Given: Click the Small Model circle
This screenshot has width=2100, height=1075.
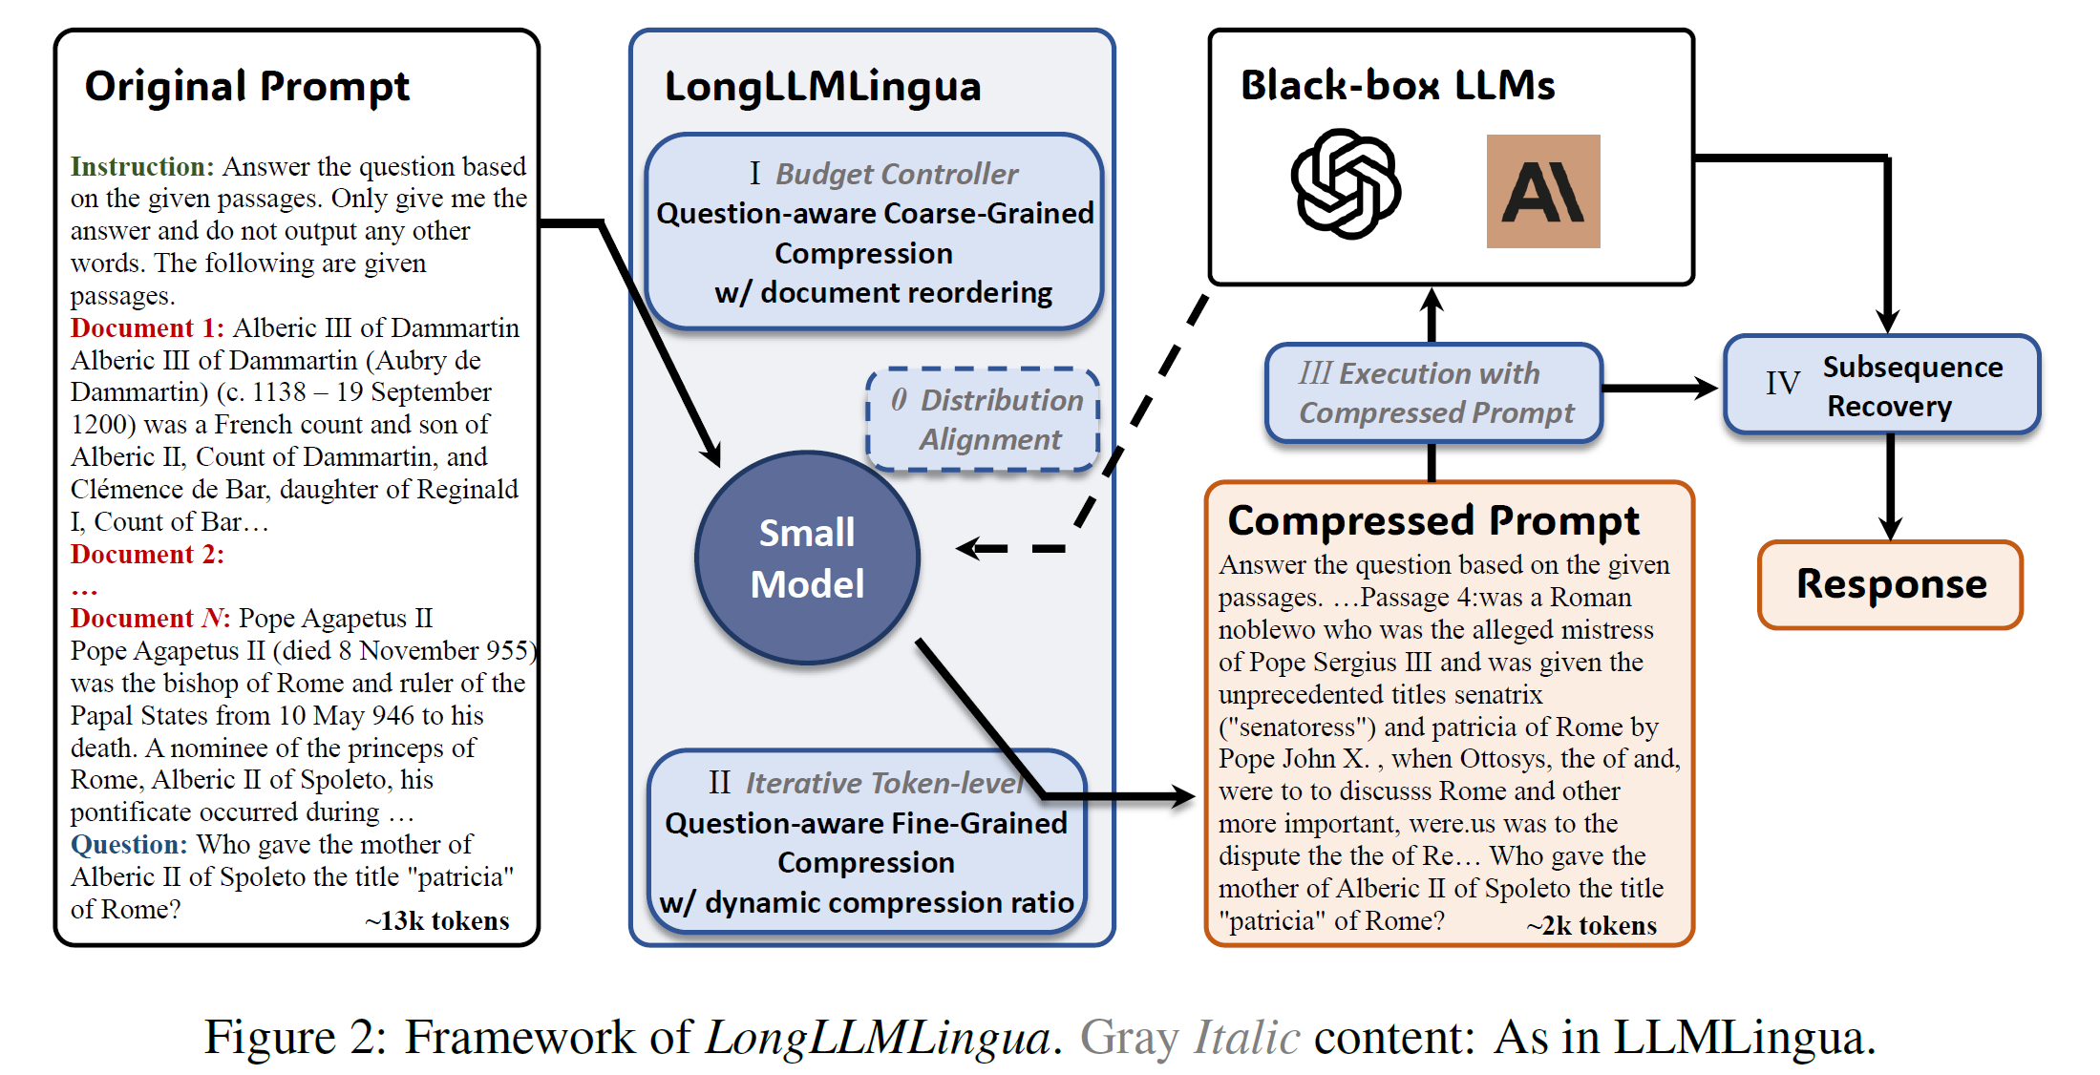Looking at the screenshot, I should [807, 559].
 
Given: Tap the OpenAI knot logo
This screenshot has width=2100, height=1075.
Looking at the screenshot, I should [1346, 184].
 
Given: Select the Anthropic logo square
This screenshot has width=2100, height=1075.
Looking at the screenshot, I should [1542, 191].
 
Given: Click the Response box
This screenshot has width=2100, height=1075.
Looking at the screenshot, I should [1890, 584].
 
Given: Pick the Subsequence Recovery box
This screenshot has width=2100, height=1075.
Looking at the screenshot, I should [1881, 386].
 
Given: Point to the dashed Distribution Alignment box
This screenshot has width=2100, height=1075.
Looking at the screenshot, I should [984, 420].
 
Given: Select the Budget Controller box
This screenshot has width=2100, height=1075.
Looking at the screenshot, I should [874, 232].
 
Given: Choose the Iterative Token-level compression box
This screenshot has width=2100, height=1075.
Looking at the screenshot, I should [866, 842].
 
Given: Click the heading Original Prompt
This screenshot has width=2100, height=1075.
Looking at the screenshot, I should [247, 86].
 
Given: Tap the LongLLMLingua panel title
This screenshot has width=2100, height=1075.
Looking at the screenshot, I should [822, 87].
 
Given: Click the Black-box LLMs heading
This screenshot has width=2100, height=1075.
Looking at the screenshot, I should [1397, 85].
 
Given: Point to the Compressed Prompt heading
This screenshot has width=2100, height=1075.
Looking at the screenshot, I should [1432, 520].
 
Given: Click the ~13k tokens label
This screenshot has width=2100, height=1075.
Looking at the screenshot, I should [436, 921].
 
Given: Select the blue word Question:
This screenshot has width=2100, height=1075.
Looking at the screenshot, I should [129, 845].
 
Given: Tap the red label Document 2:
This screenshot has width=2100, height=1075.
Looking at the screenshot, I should [147, 555].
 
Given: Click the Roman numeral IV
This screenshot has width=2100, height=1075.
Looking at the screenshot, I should [1782, 384].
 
